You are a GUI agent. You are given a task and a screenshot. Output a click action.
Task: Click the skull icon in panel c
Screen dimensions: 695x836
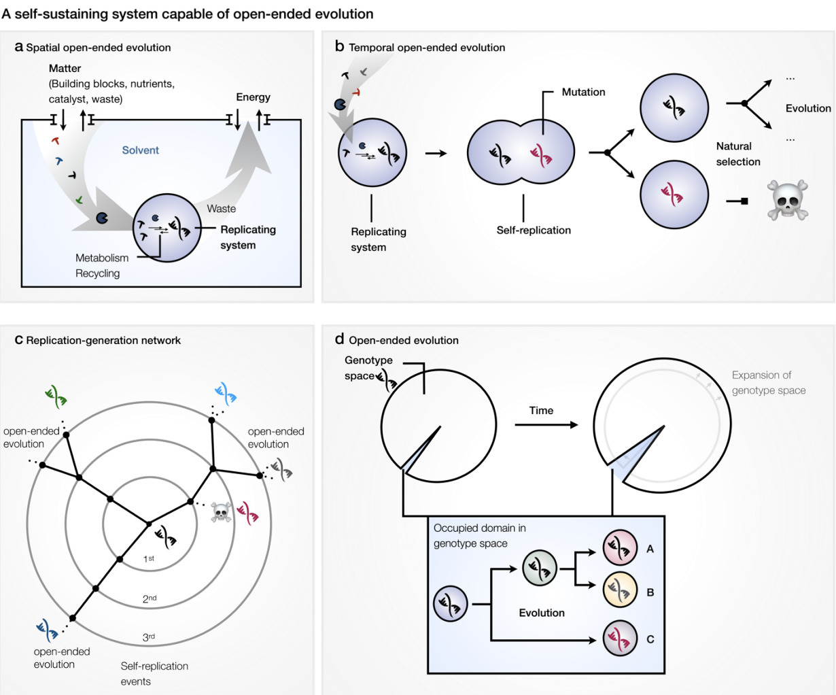pos(221,512)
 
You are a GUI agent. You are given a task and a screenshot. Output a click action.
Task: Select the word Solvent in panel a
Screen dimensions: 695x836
pos(141,150)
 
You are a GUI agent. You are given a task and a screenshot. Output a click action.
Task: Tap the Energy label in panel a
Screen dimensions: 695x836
pos(253,97)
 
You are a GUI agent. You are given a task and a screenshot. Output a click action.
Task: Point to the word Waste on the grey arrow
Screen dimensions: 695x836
pos(222,209)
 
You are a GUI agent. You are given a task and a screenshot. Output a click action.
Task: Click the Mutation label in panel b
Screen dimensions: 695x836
pos(583,92)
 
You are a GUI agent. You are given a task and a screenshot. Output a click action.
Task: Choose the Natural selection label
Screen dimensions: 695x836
pos(737,154)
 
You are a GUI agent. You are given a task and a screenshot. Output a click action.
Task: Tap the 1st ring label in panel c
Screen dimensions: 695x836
pos(149,558)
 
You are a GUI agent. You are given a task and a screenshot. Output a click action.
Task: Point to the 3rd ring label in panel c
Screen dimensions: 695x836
pos(149,637)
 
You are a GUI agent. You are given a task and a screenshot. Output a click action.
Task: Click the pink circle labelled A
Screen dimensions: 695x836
pos(620,548)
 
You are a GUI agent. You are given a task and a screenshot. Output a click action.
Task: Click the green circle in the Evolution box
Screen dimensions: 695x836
pos(540,568)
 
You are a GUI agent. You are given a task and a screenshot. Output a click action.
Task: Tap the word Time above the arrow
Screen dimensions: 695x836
pos(541,411)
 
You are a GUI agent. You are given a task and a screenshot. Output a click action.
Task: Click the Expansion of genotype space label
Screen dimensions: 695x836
pos(768,383)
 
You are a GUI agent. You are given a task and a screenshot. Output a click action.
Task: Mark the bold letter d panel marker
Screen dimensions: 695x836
pos(339,339)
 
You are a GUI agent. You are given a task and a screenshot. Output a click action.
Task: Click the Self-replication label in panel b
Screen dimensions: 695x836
pos(534,230)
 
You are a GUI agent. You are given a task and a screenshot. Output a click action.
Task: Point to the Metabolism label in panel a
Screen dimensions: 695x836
pos(102,258)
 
